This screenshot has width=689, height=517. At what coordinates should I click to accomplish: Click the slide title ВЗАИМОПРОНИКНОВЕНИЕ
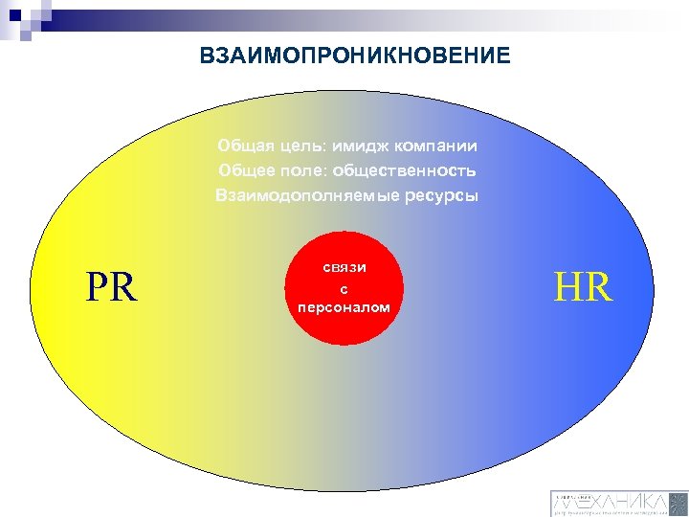tap(355, 56)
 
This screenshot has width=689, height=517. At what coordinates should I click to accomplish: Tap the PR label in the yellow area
tap(111, 287)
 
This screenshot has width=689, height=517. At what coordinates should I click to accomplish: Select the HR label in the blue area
tap(583, 287)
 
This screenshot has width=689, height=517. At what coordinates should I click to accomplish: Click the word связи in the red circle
tap(344, 269)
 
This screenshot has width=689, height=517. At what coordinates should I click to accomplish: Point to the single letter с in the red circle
tap(344, 289)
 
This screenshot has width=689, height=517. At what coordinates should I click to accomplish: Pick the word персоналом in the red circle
tap(344, 307)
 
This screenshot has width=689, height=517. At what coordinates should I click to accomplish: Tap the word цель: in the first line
tap(300, 146)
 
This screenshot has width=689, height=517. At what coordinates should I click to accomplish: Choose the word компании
tap(436, 146)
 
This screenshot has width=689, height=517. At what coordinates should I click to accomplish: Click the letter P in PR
tap(98, 287)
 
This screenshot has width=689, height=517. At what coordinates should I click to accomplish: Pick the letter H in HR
tap(569, 287)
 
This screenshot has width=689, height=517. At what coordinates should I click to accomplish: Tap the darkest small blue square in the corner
tap(11, 11)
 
